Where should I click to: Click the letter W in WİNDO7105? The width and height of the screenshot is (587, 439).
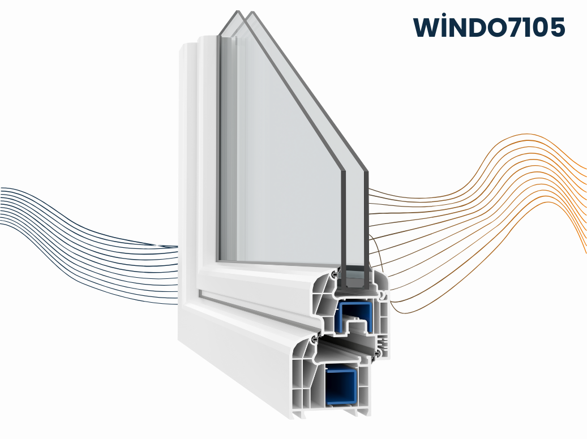[x=425, y=27]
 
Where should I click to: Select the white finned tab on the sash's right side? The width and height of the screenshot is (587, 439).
[x=383, y=341]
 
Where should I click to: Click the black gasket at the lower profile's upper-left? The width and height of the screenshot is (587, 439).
[x=314, y=339]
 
